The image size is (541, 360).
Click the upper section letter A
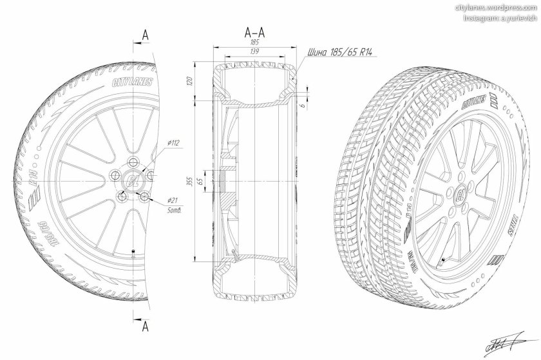pos(146,35)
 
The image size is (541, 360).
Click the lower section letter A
pos(146,327)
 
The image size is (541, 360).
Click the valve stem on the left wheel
pos(133,251)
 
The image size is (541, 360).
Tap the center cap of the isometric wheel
pos(462,194)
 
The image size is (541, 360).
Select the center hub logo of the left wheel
pos(133,180)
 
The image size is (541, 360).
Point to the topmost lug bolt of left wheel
pos(133,162)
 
